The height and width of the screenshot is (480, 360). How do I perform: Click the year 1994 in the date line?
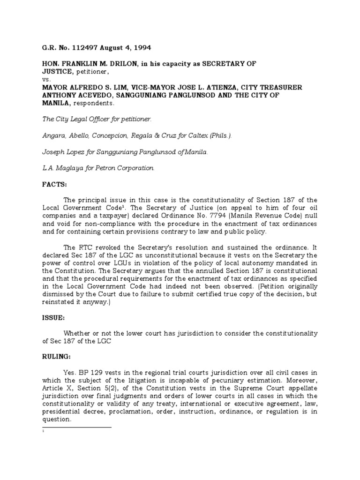pyautogui.click(x=141, y=48)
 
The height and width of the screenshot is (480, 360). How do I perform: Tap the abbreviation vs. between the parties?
pyautogui.click(x=46, y=79)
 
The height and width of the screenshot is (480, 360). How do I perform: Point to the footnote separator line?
pyautogui.click(x=77, y=428)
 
